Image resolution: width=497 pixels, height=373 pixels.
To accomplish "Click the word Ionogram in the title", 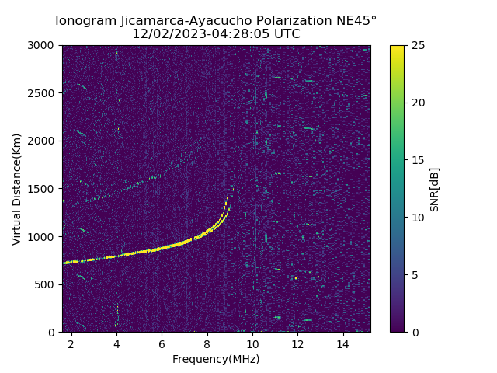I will point(85,20).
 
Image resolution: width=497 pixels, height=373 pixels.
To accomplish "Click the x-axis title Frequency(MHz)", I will point(216,360).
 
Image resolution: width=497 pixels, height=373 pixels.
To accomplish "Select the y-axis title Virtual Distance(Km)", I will point(17,189).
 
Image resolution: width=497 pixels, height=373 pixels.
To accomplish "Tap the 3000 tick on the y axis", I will point(43,45).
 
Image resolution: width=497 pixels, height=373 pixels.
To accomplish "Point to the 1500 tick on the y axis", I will point(43,189).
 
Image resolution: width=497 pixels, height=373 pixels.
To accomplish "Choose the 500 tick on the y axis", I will point(47,284).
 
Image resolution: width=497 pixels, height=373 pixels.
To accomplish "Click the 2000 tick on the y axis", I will point(43,141).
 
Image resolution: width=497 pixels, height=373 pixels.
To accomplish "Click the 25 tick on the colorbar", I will point(415,45).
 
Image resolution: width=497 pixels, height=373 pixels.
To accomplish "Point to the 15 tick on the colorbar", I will point(415,160).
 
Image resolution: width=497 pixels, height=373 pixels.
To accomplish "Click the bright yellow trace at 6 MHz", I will point(162,249).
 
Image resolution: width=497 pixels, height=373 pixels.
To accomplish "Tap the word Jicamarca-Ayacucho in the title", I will point(176,20).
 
